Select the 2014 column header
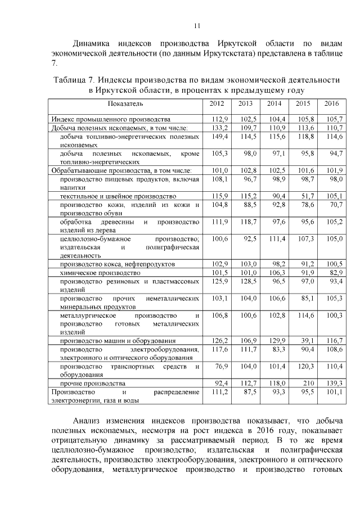274,103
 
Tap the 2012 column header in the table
217,103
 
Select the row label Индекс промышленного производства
110,119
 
